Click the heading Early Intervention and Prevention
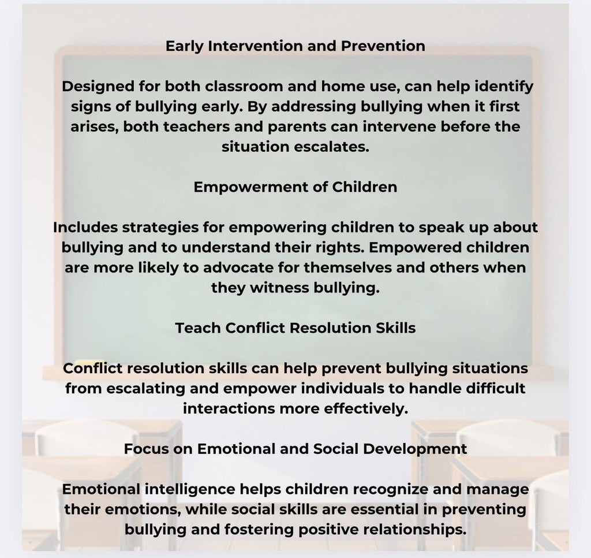tap(295, 46)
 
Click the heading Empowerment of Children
tap(295, 187)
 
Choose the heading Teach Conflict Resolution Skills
tap(295, 328)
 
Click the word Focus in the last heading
tap(144, 448)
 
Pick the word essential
tap(390, 509)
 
